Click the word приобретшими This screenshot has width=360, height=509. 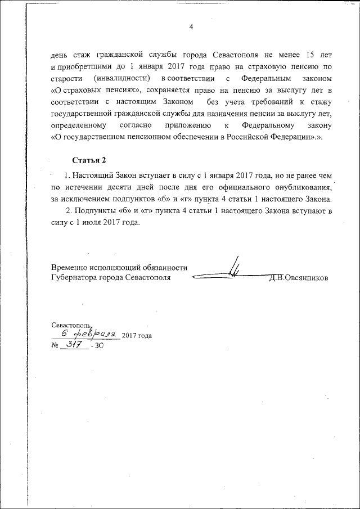point(79,66)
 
